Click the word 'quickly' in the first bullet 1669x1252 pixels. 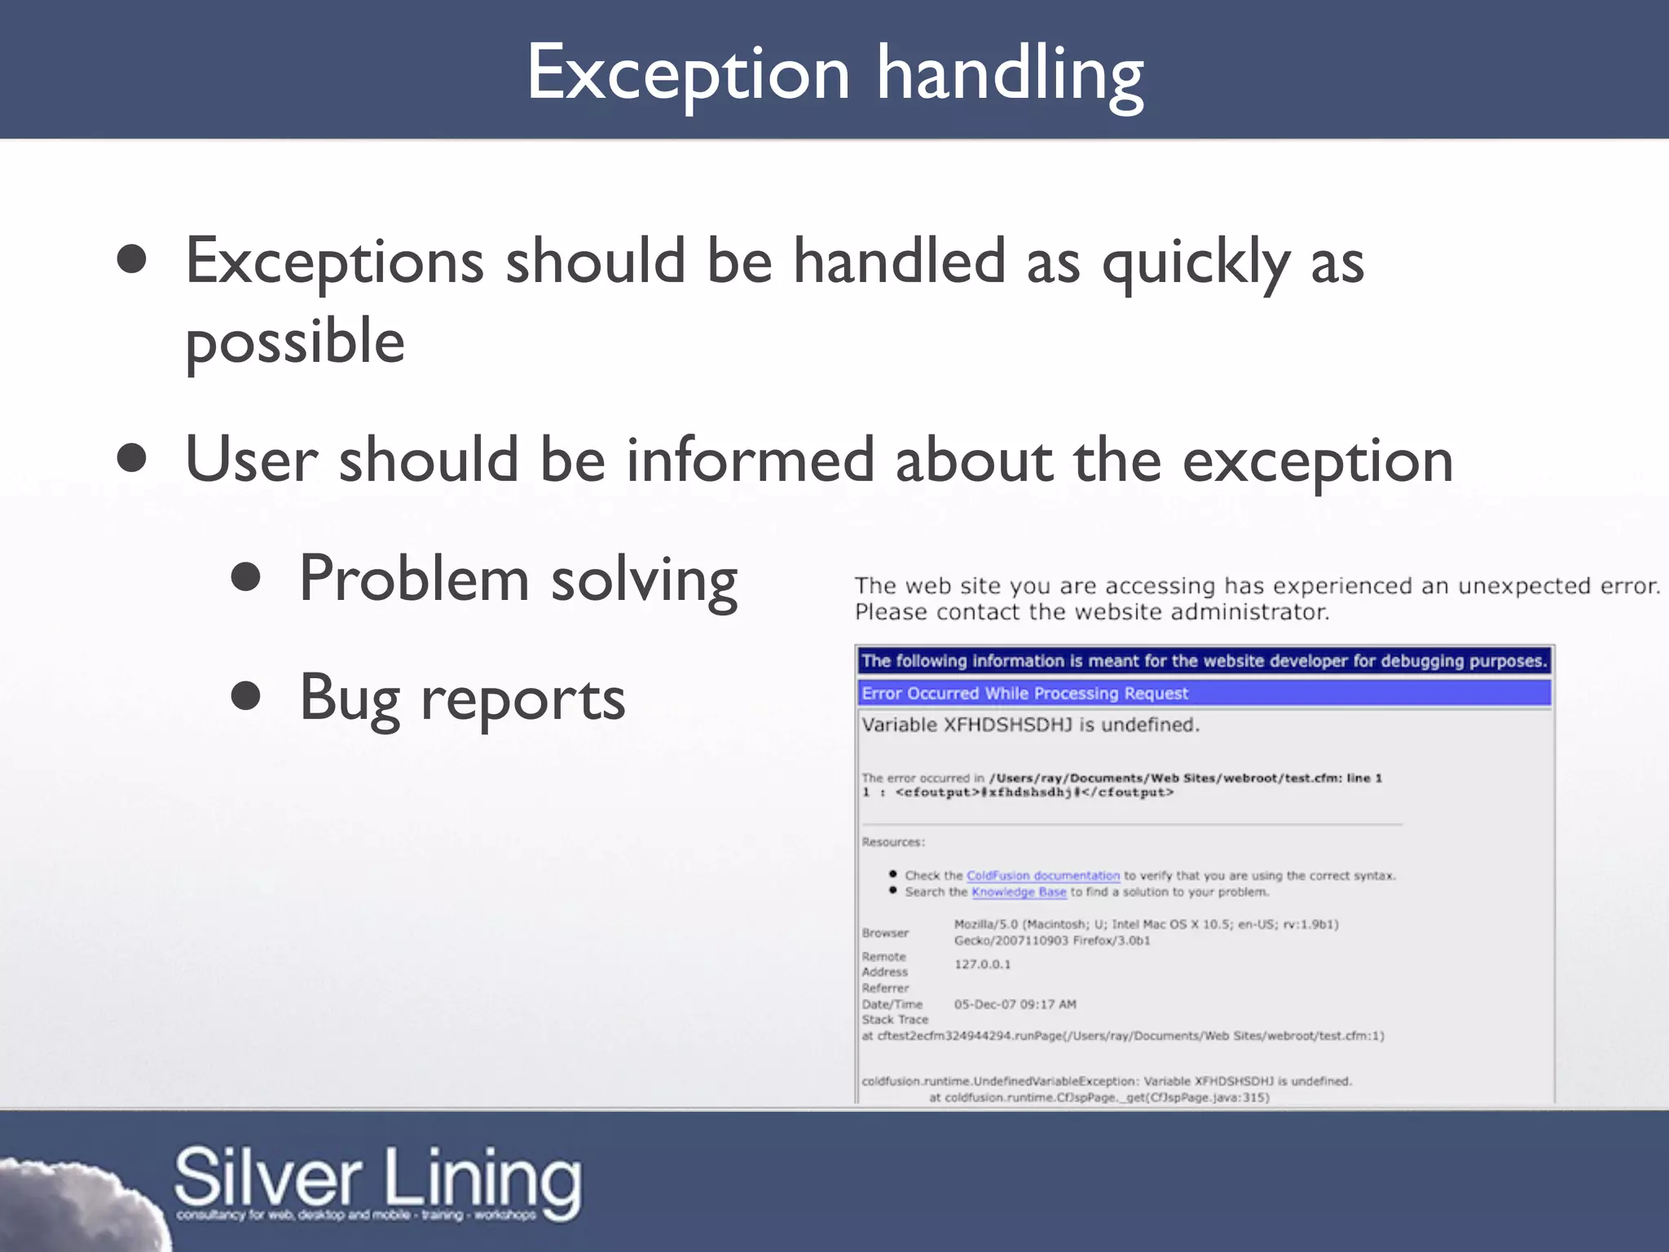[1195, 262]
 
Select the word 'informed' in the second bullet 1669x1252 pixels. [750, 460]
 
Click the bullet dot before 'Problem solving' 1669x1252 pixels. [245, 578]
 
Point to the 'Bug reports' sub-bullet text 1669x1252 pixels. [461, 699]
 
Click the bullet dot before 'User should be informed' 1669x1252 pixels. [131, 458]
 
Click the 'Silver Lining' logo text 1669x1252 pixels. [378, 1179]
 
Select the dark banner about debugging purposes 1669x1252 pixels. [1204, 660]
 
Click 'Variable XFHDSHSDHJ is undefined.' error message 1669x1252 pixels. [1030, 725]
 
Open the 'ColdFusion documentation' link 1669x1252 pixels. [1042, 875]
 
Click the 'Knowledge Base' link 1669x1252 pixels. [1018, 892]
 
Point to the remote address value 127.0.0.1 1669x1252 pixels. [982, 964]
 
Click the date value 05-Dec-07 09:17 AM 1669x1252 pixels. [1015, 1004]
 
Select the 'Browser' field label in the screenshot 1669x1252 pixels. [884, 932]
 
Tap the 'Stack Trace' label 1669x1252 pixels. [895, 1020]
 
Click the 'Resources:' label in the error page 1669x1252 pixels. [893, 842]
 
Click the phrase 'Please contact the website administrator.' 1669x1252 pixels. [1091, 612]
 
